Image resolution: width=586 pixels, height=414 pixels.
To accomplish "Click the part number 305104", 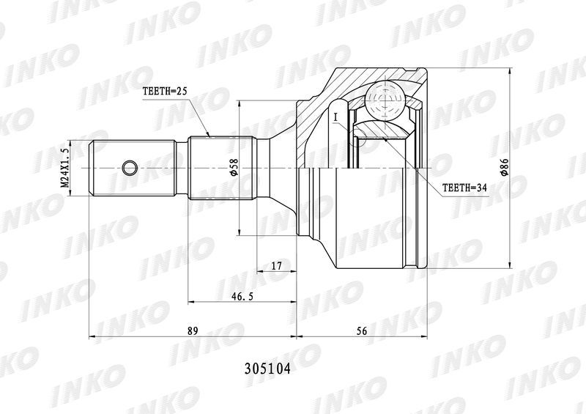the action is click(267, 369).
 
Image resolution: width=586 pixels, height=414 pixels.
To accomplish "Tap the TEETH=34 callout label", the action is click(465, 188).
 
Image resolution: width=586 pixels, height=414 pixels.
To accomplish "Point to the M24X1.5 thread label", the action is click(65, 168).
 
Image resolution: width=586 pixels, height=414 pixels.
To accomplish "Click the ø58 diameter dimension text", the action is click(232, 166).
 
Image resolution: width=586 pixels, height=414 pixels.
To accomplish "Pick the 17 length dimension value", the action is click(276, 266).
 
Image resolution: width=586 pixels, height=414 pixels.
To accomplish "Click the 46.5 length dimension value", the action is click(242, 297).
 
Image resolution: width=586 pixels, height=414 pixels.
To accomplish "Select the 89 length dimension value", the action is click(192, 330).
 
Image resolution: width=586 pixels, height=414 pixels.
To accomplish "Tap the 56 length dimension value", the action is click(362, 330).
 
